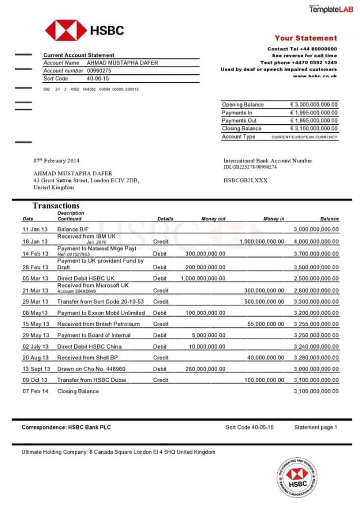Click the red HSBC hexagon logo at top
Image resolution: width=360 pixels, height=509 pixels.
[x=66, y=30]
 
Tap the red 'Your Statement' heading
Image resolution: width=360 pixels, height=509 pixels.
[x=305, y=38]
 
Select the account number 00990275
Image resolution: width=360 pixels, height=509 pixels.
[x=99, y=71]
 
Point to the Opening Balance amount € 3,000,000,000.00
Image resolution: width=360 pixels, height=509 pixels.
[x=314, y=105]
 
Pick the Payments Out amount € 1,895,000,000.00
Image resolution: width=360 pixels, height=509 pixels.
[x=314, y=120]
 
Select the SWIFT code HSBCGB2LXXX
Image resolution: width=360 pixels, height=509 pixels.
[x=246, y=181]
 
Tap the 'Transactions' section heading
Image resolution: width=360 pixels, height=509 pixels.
[x=56, y=205]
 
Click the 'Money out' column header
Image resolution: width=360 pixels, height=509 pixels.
[x=213, y=219]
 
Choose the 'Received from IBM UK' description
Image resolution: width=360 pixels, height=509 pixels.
[x=86, y=236]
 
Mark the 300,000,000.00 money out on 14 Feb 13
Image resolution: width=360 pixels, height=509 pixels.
[x=205, y=254]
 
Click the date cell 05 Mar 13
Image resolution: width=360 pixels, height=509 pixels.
[x=35, y=278]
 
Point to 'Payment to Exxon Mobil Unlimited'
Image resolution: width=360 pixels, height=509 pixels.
[x=101, y=313]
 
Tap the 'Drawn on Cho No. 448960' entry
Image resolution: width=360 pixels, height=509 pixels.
[x=91, y=369]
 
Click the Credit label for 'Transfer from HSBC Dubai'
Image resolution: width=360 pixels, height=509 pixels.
[x=161, y=380]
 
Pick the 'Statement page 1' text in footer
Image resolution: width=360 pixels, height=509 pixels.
[x=316, y=427]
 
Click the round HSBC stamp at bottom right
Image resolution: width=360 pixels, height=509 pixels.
[x=297, y=476]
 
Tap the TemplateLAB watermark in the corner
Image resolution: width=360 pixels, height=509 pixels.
[x=331, y=8]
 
